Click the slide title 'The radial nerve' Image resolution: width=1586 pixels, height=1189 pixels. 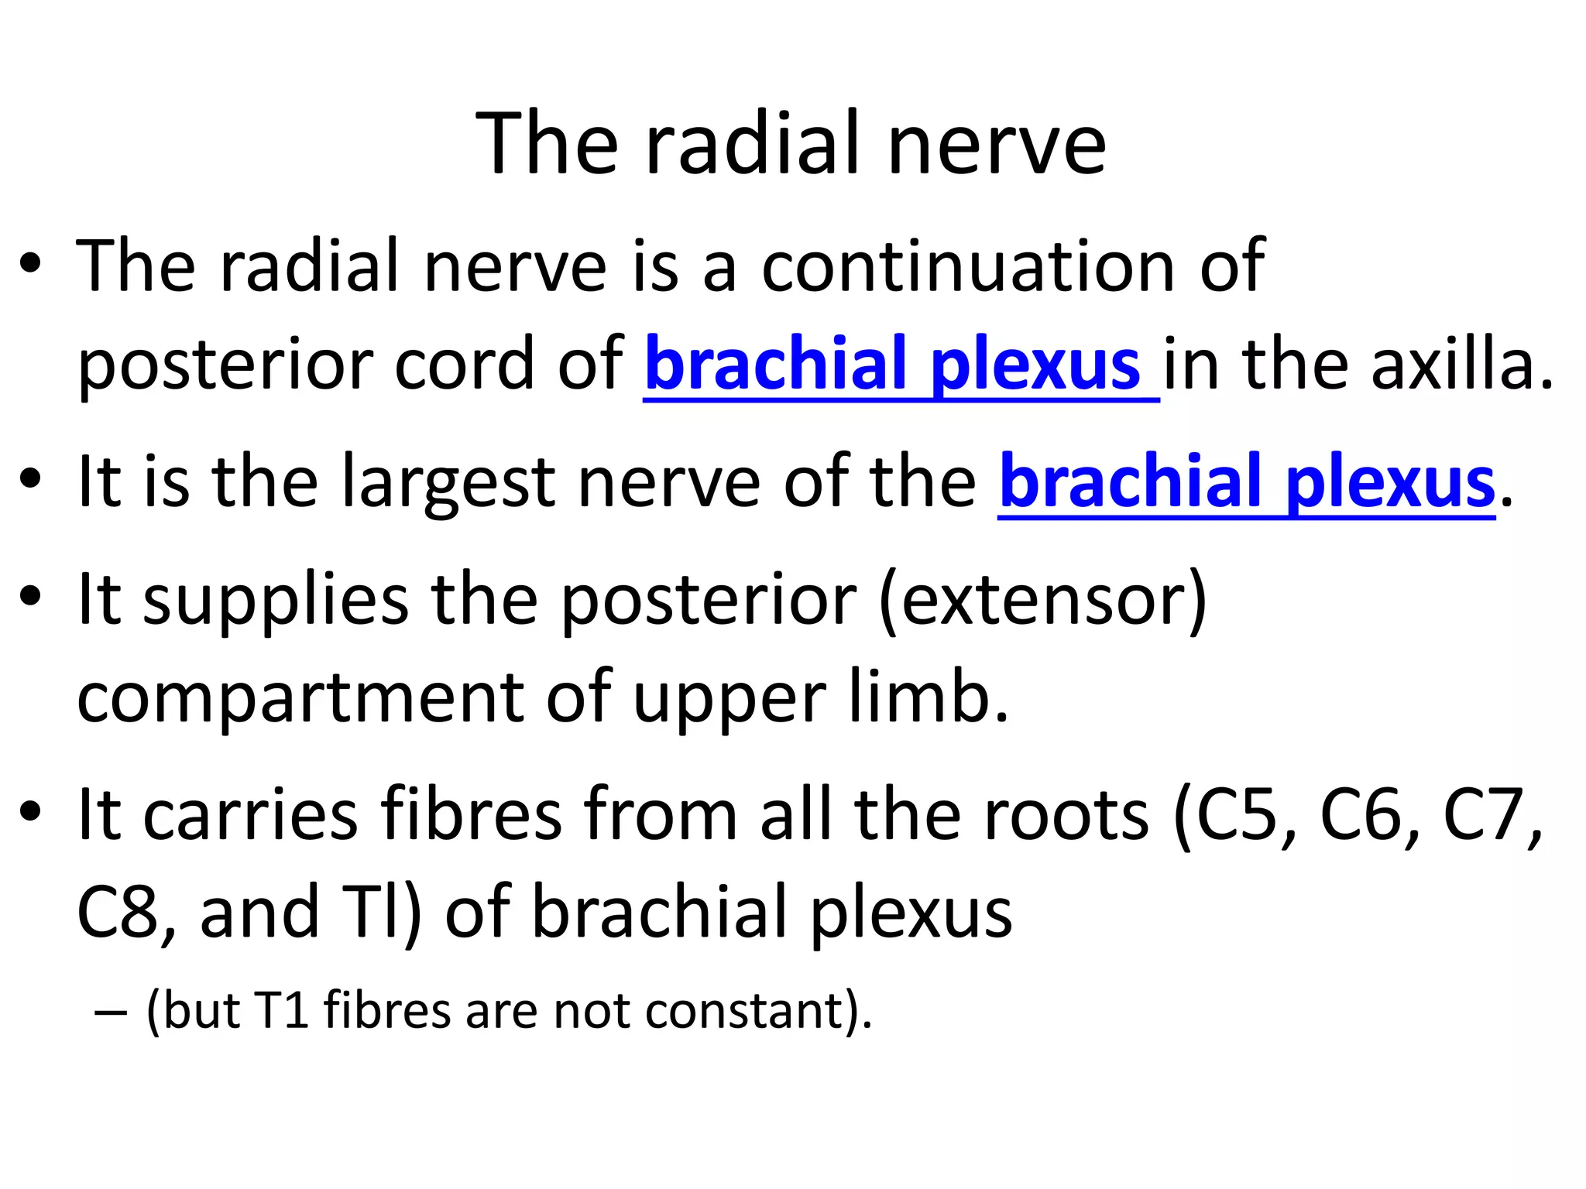coord(791,143)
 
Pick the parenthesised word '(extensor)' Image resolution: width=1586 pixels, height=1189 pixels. coord(1042,601)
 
